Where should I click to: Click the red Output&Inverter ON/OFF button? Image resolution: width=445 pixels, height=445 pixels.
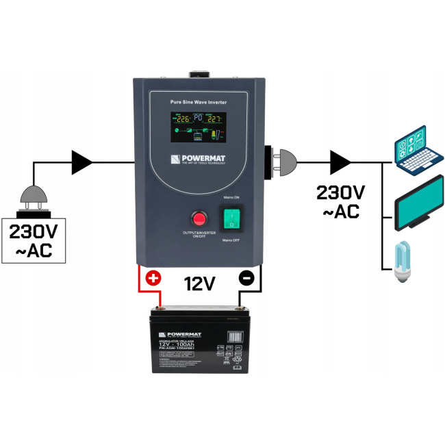tap(200, 219)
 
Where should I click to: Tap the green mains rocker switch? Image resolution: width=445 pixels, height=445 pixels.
tap(232, 218)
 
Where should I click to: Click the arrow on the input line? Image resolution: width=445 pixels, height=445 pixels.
tap(83, 163)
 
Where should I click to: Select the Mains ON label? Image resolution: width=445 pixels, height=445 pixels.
tap(233, 197)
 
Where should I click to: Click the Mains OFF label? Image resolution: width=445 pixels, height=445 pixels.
tap(232, 240)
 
